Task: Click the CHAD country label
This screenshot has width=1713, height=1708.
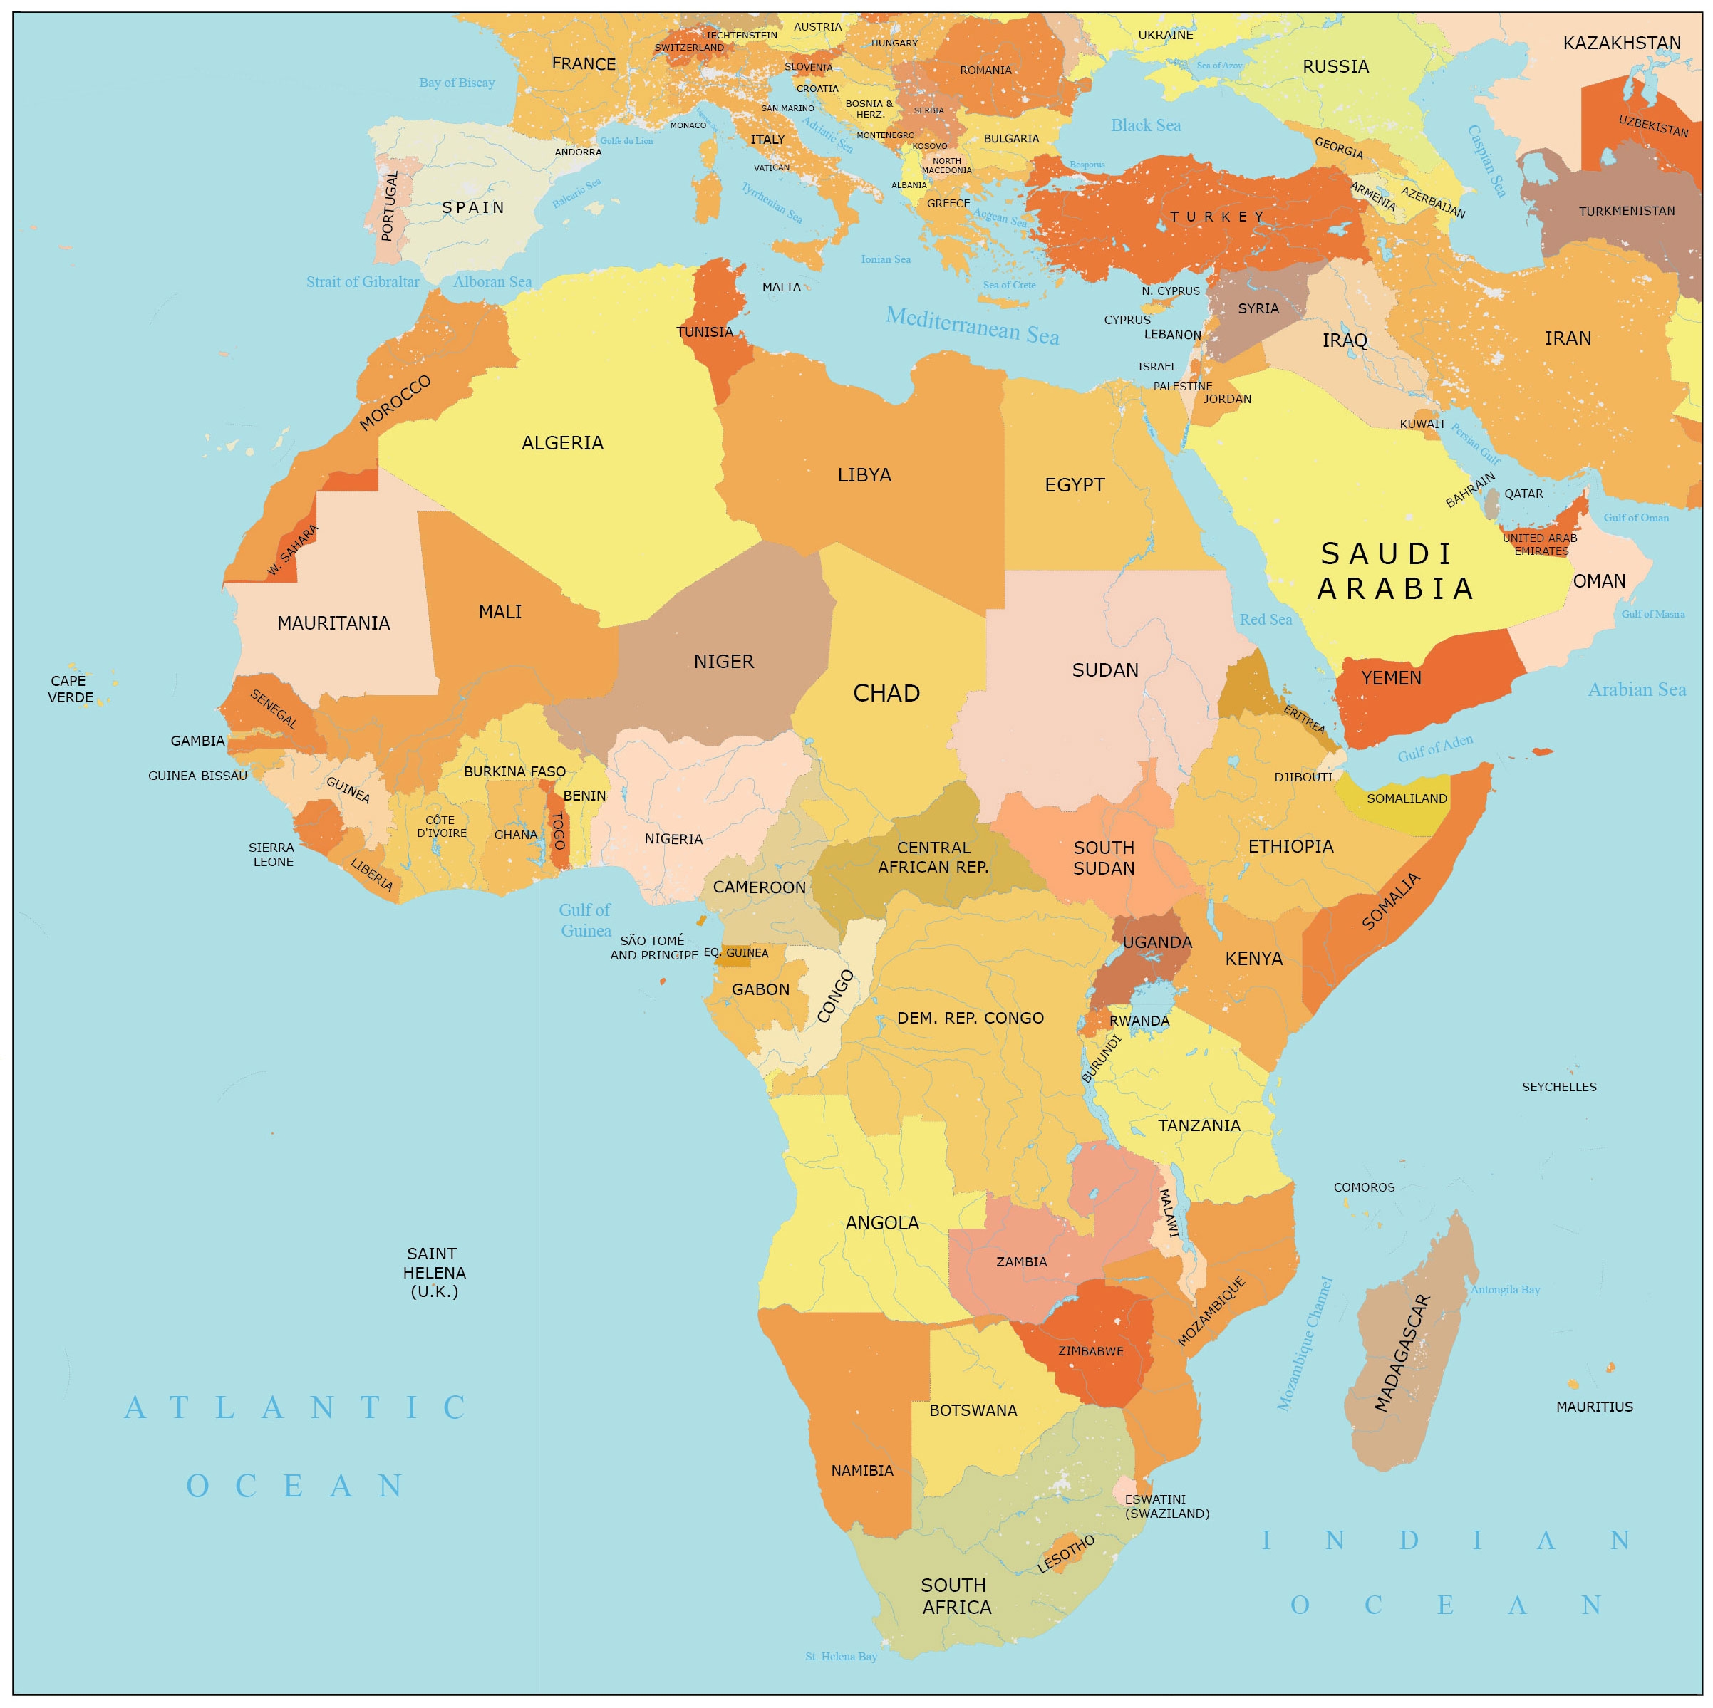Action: coord(886,693)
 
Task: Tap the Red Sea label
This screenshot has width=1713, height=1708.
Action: coord(1266,620)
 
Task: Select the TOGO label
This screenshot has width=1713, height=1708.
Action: coord(559,830)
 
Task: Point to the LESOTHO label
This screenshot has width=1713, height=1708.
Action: coord(1066,1553)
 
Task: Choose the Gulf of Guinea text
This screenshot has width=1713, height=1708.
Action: coord(585,920)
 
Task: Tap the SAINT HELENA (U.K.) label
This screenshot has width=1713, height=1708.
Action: coord(433,1272)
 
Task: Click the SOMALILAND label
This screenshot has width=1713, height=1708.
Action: coord(1406,798)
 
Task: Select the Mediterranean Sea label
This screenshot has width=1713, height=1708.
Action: coord(972,326)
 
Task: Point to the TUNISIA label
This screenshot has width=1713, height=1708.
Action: coord(705,333)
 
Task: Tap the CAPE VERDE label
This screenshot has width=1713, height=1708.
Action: coord(69,689)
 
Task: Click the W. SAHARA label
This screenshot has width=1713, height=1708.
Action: coord(293,550)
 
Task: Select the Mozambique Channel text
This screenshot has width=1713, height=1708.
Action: coord(1304,1343)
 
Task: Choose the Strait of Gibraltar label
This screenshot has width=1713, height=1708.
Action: coord(363,282)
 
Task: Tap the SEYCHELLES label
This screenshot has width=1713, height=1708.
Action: coord(1558,1087)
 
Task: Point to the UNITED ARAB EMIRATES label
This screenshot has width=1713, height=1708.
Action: coord(1540,544)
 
